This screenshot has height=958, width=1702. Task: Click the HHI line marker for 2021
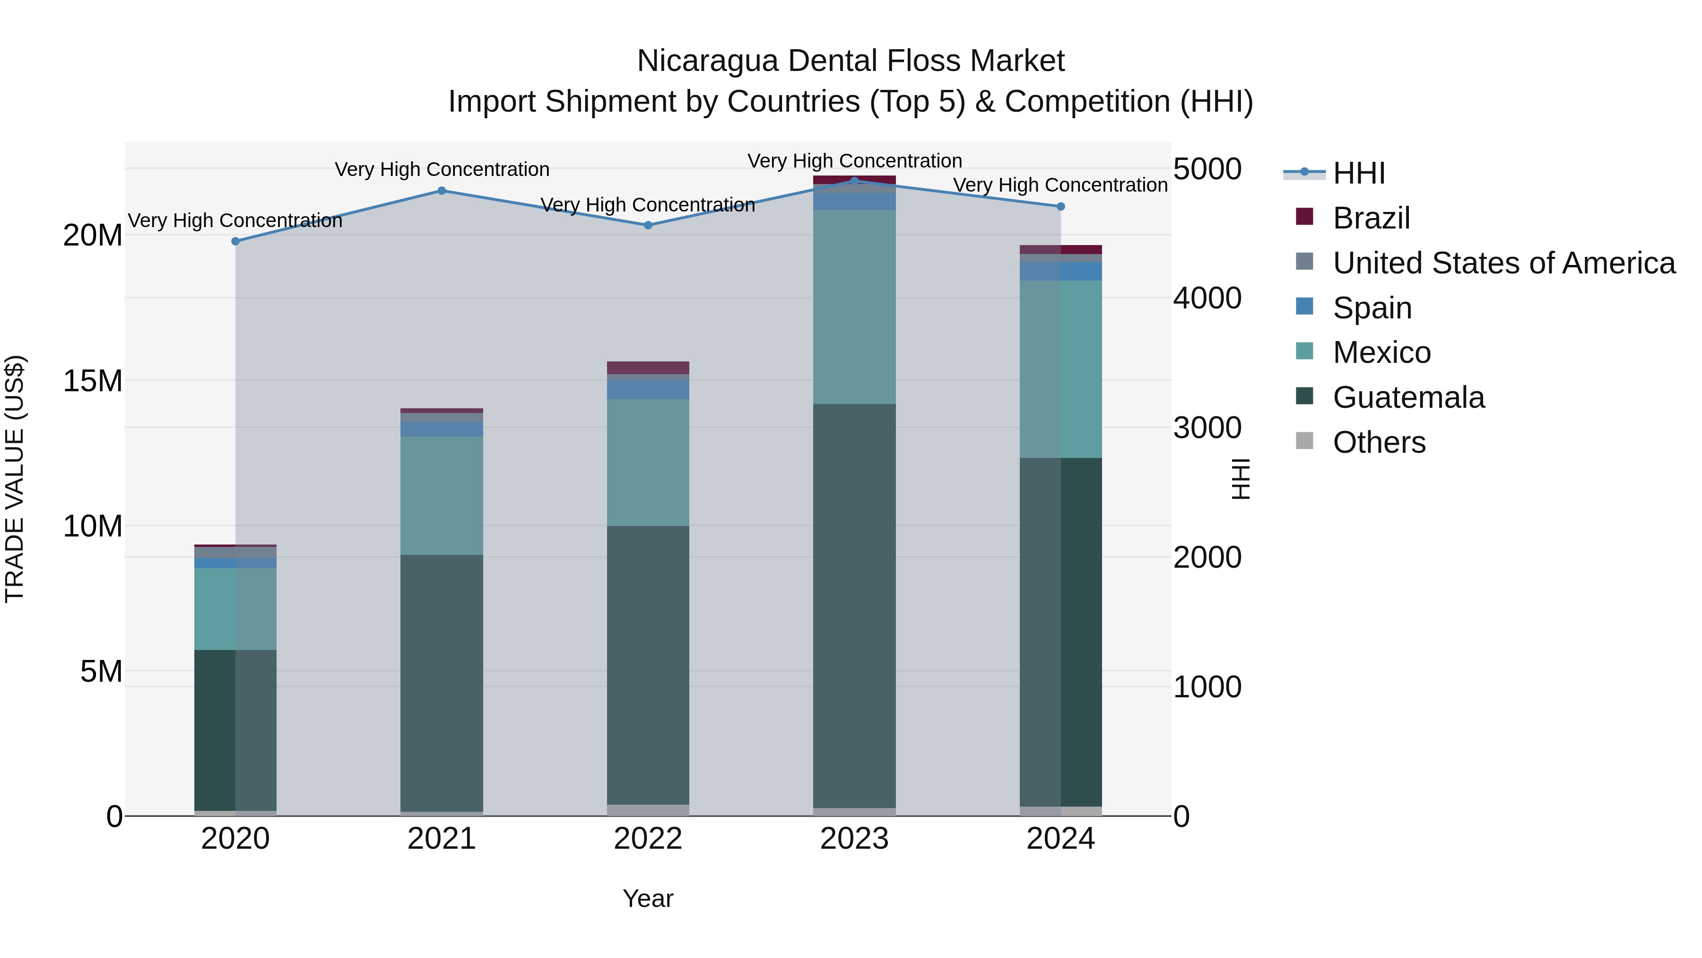[x=442, y=191]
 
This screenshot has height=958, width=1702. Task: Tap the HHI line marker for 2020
[x=236, y=241]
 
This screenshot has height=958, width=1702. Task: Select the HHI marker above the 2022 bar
[x=648, y=226]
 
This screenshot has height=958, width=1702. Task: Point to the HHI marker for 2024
[x=1060, y=207]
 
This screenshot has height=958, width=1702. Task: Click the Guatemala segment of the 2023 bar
[x=854, y=605]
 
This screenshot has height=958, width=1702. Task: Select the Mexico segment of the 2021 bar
[x=442, y=495]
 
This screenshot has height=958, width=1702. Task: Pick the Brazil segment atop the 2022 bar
[x=648, y=368]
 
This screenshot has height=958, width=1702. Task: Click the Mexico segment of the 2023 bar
[x=854, y=307]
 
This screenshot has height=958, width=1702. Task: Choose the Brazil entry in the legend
[x=1371, y=218]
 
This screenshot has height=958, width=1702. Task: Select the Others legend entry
[x=1379, y=442]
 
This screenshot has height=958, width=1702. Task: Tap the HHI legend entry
[x=1358, y=173]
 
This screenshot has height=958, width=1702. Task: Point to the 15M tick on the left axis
[x=93, y=381]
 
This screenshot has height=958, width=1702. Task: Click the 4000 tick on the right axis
[x=1207, y=298]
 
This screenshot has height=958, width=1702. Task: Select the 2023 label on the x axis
[x=854, y=839]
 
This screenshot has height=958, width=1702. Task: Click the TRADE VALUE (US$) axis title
[x=15, y=479]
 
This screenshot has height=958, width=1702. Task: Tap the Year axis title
[x=648, y=898]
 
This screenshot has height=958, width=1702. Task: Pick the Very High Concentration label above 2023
[x=854, y=161]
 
